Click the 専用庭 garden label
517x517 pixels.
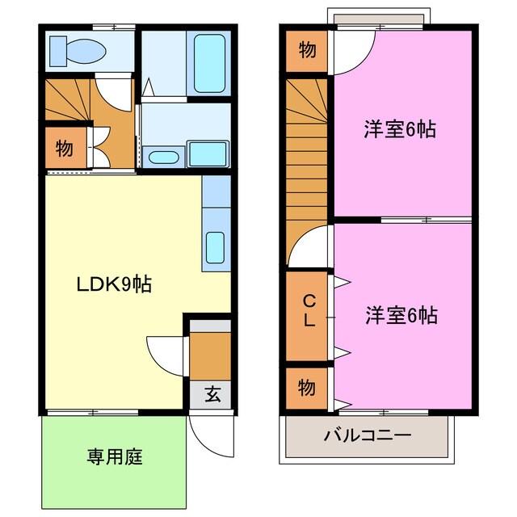(x=115, y=457)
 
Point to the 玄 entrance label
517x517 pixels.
(x=212, y=395)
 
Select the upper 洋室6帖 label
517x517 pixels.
(x=400, y=129)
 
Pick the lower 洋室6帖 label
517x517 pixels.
(x=400, y=315)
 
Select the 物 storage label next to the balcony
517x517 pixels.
(x=307, y=388)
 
